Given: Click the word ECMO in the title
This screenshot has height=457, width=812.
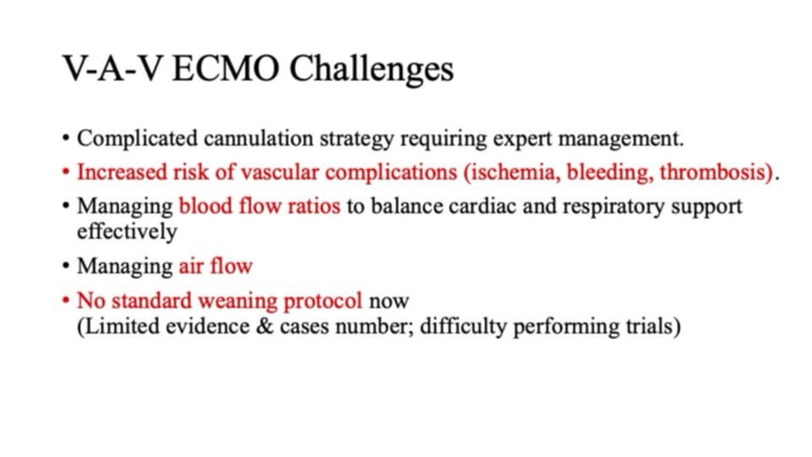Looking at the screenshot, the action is pos(226,69).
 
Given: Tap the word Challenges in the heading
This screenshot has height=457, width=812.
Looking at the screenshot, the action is pos(371,69).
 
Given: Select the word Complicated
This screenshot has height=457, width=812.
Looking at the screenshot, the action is pos(137,139).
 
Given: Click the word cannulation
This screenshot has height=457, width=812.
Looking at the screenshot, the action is pos(259,138).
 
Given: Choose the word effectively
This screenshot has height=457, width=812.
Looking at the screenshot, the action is pos(127,232).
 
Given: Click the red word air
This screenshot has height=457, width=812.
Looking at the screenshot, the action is pos(191,267).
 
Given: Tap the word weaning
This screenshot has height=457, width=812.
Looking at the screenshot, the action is pos(238,301).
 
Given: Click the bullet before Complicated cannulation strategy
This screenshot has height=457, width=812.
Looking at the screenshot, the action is pos(65,139).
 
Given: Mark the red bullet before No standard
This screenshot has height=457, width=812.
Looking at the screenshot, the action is pos(65,300).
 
